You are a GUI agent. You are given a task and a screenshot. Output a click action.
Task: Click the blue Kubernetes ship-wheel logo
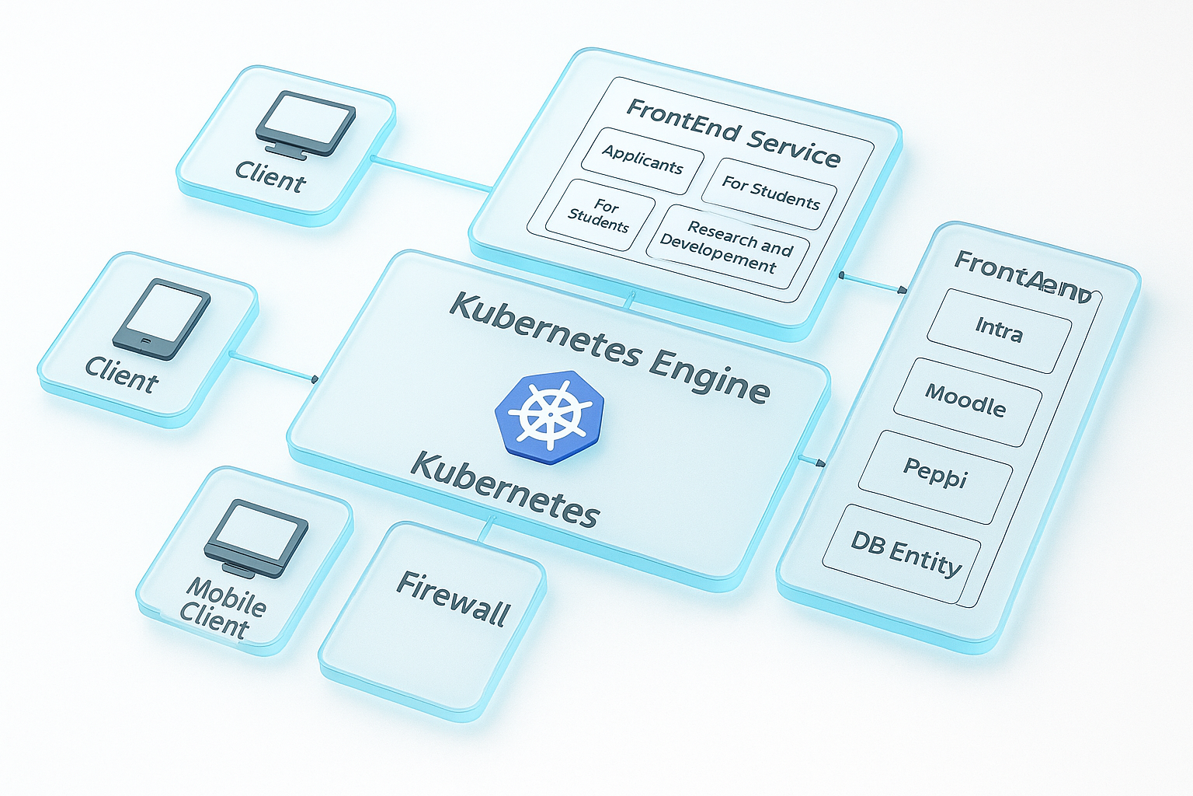pyautogui.click(x=550, y=417)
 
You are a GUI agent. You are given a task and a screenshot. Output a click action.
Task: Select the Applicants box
pyautogui.click(x=642, y=160)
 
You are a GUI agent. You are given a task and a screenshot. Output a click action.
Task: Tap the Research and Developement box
pyautogui.click(x=728, y=246)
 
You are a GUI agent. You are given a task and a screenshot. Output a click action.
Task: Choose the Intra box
pyautogui.click(x=999, y=330)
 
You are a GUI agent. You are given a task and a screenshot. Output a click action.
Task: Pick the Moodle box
pyautogui.click(x=966, y=401)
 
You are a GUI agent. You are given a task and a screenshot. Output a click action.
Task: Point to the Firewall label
pyautogui.click(x=453, y=599)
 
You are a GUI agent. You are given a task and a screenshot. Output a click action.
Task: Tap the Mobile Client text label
pyautogui.click(x=223, y=609)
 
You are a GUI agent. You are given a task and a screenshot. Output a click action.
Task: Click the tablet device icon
pyautogui.click(x=162, y=319)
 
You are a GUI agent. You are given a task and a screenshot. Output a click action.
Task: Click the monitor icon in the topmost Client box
pyautogui.click(x=305, y=123)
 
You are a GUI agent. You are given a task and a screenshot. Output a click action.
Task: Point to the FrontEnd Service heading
pyautogui.click(x=732, y=133)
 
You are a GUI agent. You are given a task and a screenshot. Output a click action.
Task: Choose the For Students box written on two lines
pyautogui.click(x=599, y=215)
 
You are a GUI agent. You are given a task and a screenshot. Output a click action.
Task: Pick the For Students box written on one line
pyautogui.click(x=770, y=193)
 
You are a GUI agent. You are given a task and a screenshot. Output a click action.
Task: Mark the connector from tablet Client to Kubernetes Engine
pyautogui.click(x=272, y=367)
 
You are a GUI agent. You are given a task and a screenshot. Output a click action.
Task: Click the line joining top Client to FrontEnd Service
pyautogui.click(x=431, y=173)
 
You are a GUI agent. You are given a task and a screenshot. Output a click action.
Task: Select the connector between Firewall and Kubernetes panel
pyautogui.click(x=485, y=530)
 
